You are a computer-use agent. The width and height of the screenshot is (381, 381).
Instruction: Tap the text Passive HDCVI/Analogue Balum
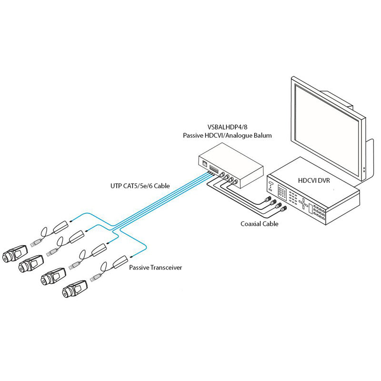click(227, 136)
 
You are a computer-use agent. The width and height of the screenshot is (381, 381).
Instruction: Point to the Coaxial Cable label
click(260, 223)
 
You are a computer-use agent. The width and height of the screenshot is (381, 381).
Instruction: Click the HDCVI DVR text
click(313, 180)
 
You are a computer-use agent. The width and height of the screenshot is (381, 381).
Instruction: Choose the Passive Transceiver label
click(156, 268)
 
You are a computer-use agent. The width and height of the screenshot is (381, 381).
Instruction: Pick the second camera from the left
click(32, 263)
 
